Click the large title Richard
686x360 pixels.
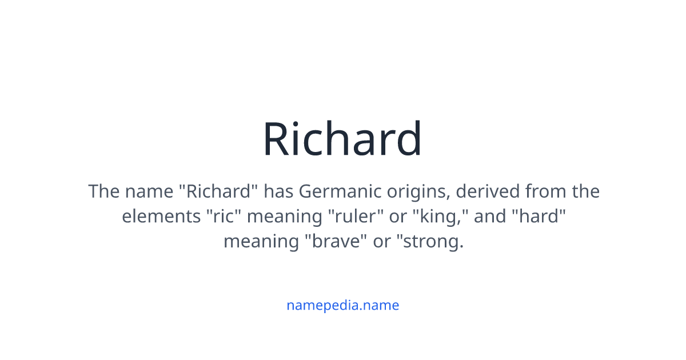(x=342, y=139)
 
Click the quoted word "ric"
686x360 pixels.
(x=223, y=216)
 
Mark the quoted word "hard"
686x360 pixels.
(x=539, y=216)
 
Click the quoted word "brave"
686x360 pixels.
(x=334, y=241)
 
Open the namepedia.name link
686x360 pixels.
(x=342, y=305)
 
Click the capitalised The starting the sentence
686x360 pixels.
(x=103, y=191)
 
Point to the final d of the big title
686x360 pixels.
(x=409, y=139)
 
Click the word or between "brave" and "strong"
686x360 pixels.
(x=381, y=241)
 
